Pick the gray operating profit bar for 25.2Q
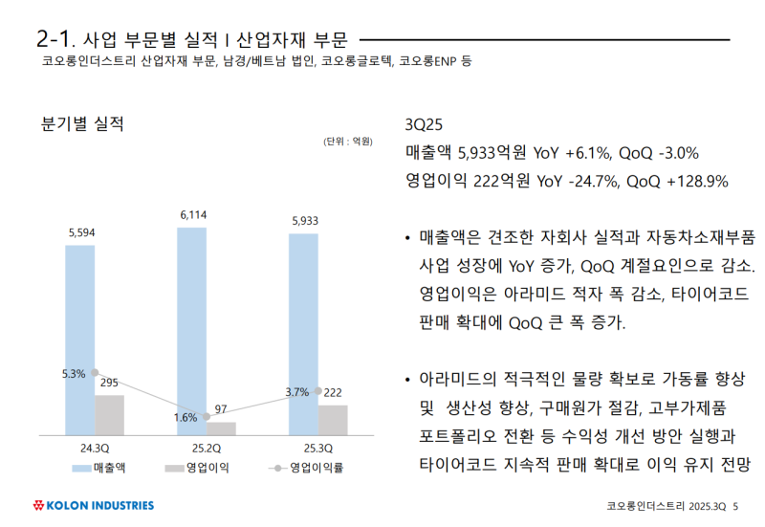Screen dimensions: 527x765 pyautogui.click(x=221, y=428)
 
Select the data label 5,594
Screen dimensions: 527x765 pyautogui.click(x=81, y=232)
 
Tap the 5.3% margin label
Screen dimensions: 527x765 pyautogui.click(x=74, y=374)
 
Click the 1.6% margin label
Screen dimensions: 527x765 pyautogui.click(x=186, y=418)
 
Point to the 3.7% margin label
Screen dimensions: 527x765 pyautogui.click(x=296, y=392)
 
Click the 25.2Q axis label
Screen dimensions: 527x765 pyautogui.click(x=206, y=448)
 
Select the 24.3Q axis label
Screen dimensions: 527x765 pyautogui.click(x=94, y=448)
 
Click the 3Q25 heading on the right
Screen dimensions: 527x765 pyautogui.click(x=426, y=125)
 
